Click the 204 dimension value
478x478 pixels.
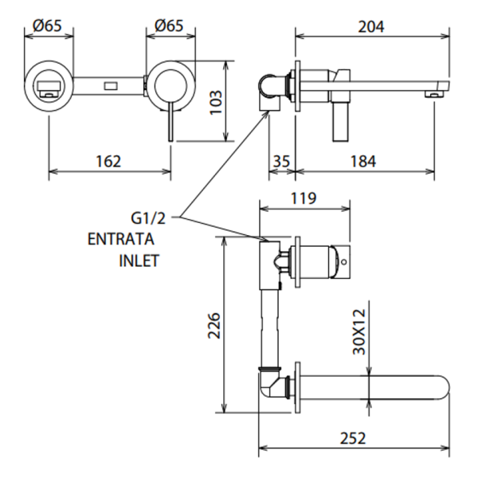(370, 26)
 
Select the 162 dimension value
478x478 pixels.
(108, 161)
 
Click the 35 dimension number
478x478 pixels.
(280, 161)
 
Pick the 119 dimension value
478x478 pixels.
(304, 198)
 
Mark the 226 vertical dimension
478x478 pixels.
(214, 324)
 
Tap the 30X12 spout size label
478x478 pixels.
(359, 333)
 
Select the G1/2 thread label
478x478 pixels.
(149, 217)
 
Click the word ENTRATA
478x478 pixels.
(121, 238)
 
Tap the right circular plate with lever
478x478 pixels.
(170, 82)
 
